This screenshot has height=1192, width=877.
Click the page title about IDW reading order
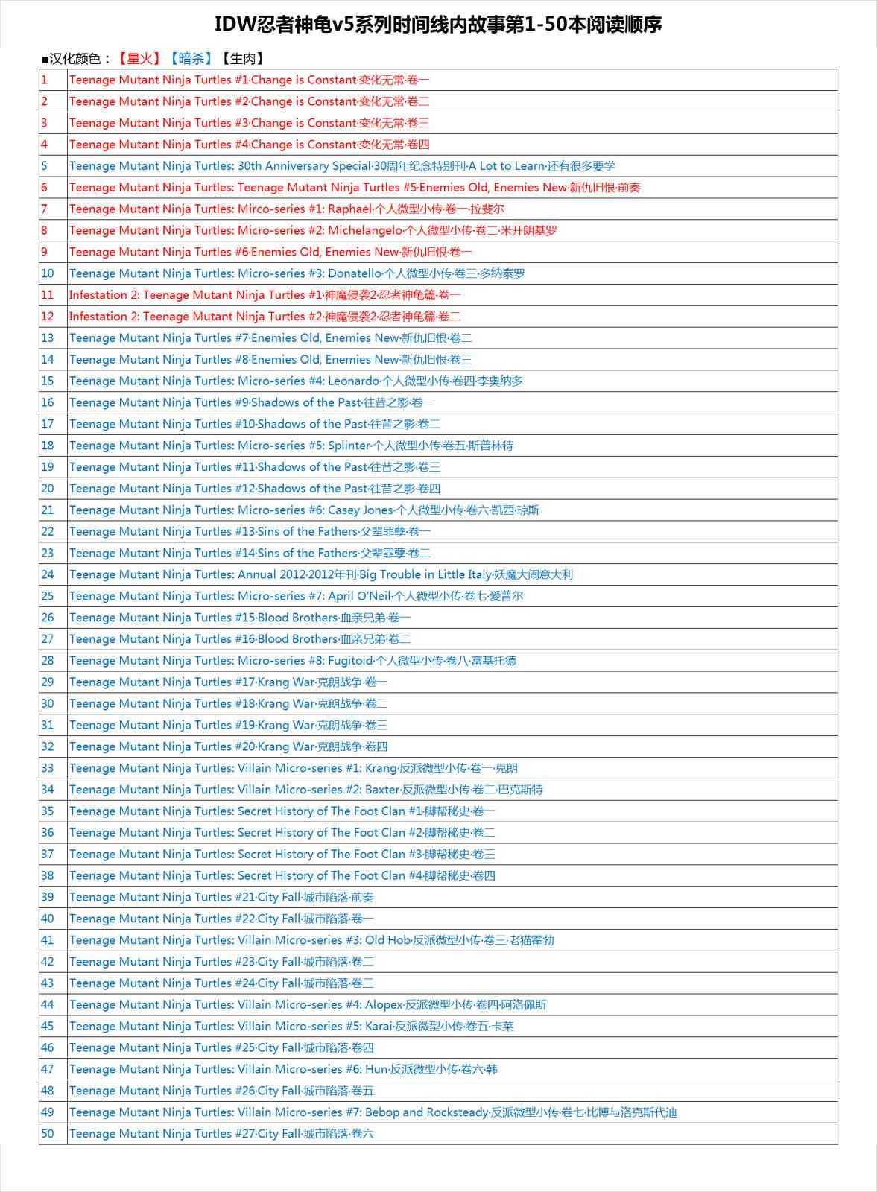[438, 25]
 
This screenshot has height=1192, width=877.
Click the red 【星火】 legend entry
[139, 58]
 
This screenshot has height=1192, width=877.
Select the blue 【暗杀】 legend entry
[191, 58]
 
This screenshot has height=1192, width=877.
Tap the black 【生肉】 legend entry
[243, 58]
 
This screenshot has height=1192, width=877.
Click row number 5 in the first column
[45, 166]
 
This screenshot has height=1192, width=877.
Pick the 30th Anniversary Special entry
[342, 166]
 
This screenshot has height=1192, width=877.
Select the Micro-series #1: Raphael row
[287, 209]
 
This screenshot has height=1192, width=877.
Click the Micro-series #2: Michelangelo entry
[313, 231]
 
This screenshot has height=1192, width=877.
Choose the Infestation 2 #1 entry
[265, 295]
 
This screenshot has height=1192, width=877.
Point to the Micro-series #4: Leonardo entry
[297, 381]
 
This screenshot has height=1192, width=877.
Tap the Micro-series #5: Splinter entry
[291, 446]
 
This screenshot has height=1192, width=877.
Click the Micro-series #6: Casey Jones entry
[305, 510]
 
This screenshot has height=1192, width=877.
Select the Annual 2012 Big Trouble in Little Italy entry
[321, 575]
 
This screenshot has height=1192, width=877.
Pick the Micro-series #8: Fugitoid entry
[293, 661]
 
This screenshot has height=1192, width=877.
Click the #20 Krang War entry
[229, 746]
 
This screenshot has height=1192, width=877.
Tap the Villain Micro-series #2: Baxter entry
[306, 790]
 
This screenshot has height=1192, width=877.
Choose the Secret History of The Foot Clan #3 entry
[282, 855]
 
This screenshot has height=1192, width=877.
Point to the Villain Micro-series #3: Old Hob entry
[311, 940]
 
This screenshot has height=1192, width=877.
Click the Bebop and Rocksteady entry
[373, 1112]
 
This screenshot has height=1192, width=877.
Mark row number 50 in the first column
[48, 1134]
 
